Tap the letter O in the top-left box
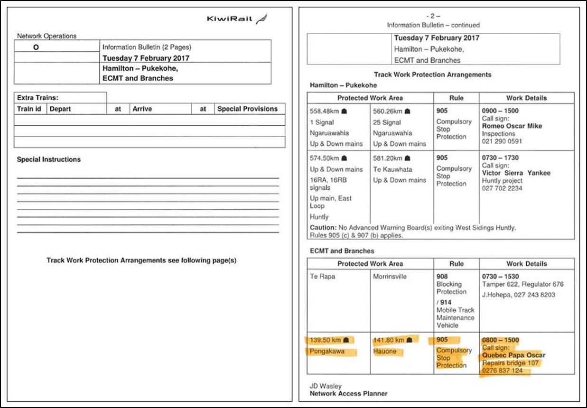click(x=37, y=47)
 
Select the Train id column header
click(x=29, y=109)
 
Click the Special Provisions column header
click(x=247, y=109)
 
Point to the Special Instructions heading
click(x=48, y=160)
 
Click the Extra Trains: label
click(x=37, y=98)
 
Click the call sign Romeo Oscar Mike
click(x=512, y=126)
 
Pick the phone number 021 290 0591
click(x=502, y=141)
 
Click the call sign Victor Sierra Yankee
click(x=516, y=173)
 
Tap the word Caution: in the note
click(x=323, y=228)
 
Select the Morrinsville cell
click(x=390, y=277)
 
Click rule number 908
click(x=442, y=277)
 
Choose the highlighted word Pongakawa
click(x=327, y=352)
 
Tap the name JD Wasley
click(x=326, y=386)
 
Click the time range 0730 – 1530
click(x=500, y=277)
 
